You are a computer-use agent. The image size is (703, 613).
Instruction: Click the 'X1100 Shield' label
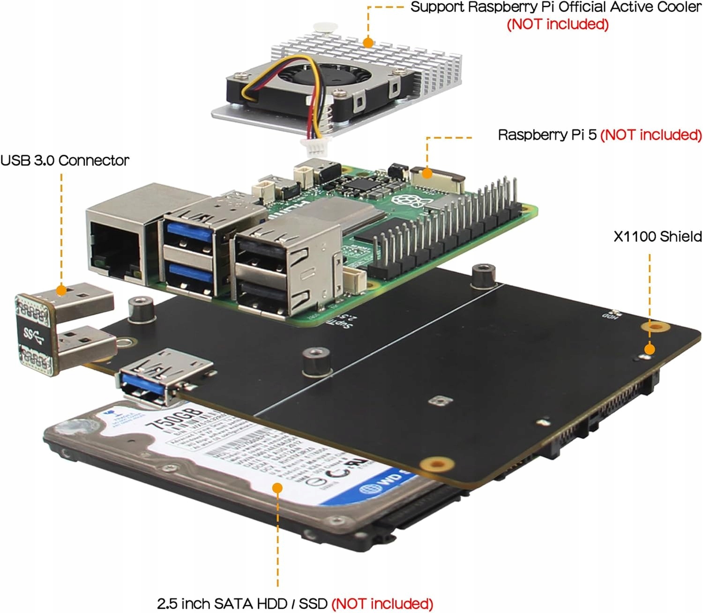click(658, 237)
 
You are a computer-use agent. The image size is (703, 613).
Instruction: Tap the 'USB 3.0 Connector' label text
click(65, 160)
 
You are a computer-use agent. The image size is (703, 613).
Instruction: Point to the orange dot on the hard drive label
click(277, 488)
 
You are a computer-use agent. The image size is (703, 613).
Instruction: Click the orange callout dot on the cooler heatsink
click(368, 43)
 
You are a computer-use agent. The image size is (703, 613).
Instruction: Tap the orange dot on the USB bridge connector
click(61, 290)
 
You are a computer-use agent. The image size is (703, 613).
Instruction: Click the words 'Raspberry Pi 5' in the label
click(547, 135)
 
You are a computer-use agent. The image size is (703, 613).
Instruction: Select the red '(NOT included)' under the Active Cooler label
click(558, 24)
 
